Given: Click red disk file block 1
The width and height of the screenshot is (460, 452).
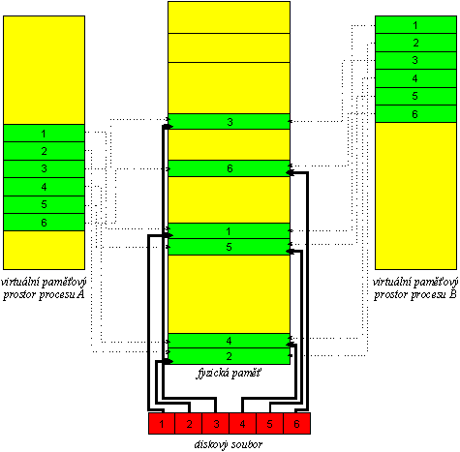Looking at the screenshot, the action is coord(162,423).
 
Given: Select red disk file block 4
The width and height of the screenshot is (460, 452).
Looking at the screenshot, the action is coord(243,423).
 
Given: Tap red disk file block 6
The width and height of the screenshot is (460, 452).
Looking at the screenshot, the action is coord(297,423).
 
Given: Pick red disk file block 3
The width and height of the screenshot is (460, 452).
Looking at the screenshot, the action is coord(216,423).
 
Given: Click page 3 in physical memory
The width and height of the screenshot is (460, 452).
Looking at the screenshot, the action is coord(230,122).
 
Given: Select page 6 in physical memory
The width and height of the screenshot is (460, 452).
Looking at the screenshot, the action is coord(230,168).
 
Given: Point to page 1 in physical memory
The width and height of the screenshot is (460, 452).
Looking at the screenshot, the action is coord(230,231).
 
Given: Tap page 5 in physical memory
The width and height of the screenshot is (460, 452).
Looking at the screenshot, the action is coord(230,247).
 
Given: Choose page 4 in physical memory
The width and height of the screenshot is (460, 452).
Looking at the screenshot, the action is coord(230,341).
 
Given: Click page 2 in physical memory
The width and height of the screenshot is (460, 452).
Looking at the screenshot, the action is coord(230,356).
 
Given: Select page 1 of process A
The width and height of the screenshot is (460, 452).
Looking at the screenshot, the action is coord(44,134).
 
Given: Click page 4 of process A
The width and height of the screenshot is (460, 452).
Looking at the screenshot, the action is coord(44,187).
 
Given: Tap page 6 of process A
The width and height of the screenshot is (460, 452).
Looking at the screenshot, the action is coord(44,223).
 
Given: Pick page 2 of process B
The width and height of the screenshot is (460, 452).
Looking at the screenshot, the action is coord(415,43).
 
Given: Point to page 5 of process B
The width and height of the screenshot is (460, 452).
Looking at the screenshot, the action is coord(415,96).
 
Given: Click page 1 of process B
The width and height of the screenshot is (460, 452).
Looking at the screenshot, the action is coord(415,25).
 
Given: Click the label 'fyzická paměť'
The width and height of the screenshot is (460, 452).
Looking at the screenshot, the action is coord(229,374).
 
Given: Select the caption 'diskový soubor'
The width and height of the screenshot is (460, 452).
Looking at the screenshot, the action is coord(229,444).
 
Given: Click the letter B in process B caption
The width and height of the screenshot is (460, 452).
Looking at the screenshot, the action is coord(453,294).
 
